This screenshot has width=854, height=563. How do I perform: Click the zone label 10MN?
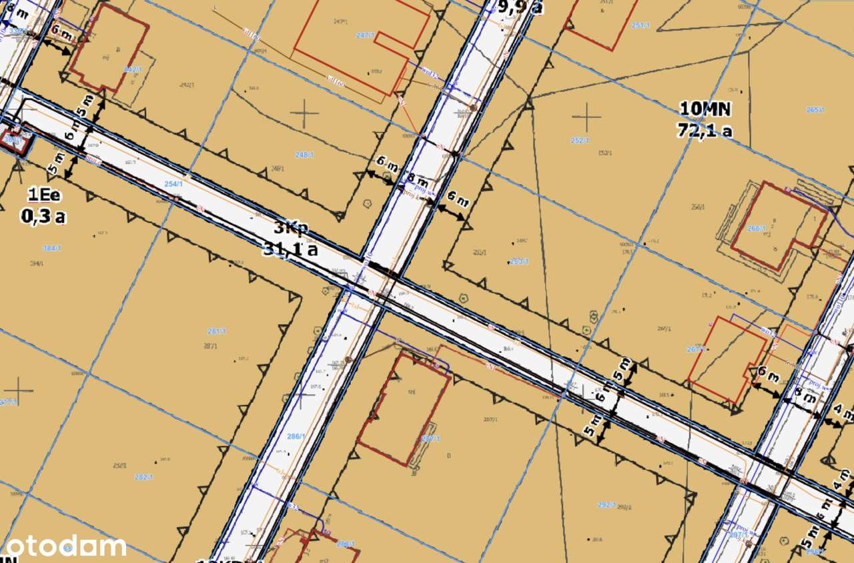[705, 108]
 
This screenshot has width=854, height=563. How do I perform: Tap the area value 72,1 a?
[705, 129]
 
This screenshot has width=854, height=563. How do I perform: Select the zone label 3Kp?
[290, 228]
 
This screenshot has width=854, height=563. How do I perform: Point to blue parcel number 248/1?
[304, 155]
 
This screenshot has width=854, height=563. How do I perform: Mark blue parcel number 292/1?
[606, 505]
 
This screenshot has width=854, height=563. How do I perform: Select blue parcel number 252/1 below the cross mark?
[580, 141]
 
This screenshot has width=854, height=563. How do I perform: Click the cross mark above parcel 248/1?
[306, 114]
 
